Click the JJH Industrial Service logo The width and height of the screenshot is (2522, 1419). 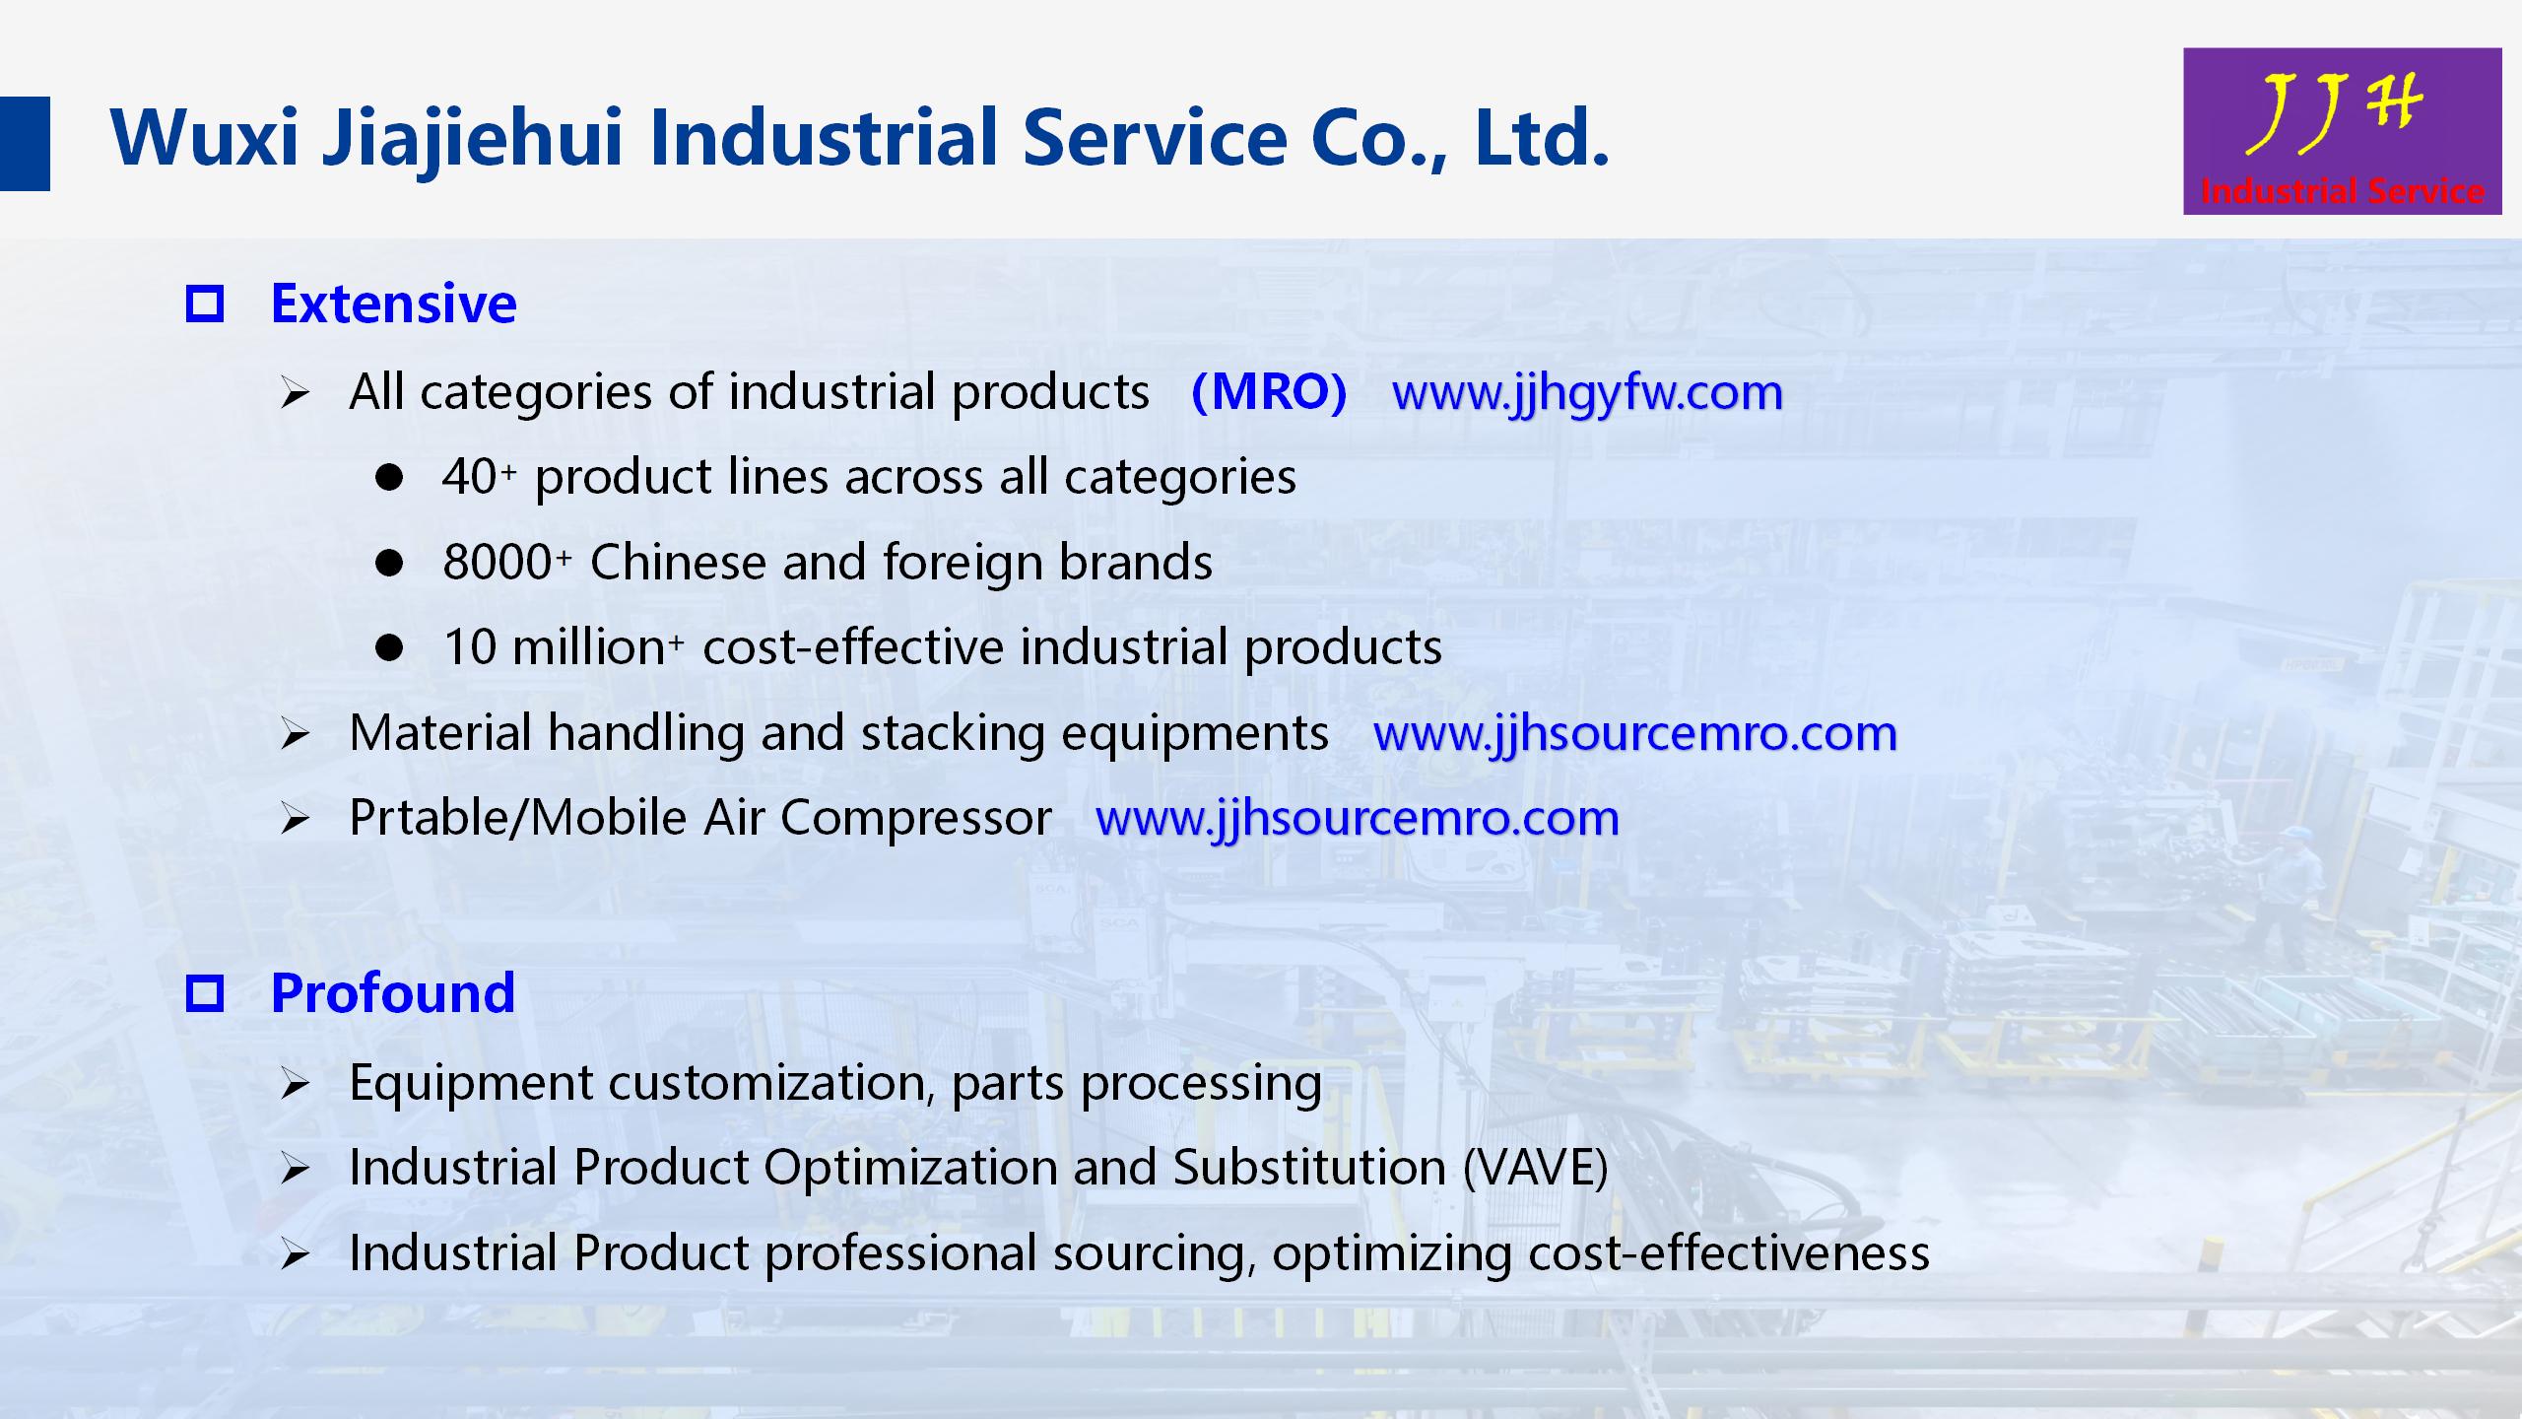(x=2342, y=131)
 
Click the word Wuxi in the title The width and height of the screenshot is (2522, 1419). (x=204, y=137)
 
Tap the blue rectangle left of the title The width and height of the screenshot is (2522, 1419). (x=25, y=143)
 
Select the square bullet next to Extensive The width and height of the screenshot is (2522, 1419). (x=205, y=304)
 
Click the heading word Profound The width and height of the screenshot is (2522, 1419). (x=393, y=992)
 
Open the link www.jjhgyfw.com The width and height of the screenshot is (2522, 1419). (x=1587, y=393)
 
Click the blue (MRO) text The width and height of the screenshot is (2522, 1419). (x=1269, y=392)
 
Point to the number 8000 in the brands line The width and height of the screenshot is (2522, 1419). (x=498, y=563)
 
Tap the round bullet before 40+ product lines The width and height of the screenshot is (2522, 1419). (x=389, y=478)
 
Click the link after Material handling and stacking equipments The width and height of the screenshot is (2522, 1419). (x=1635, y=734)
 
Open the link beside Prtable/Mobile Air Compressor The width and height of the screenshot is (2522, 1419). (x=1358, y=819)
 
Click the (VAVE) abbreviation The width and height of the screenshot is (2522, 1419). (x=1536, y=1168)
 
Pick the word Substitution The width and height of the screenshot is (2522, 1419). (x=1309, y=1168)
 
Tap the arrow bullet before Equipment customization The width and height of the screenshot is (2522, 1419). (x=295, y=1085)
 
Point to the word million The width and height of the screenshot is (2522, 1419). (x=589, y=647)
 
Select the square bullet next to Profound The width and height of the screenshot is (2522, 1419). (x=205, y=993)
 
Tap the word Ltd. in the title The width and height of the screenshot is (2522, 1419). (x=1542, y=137)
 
